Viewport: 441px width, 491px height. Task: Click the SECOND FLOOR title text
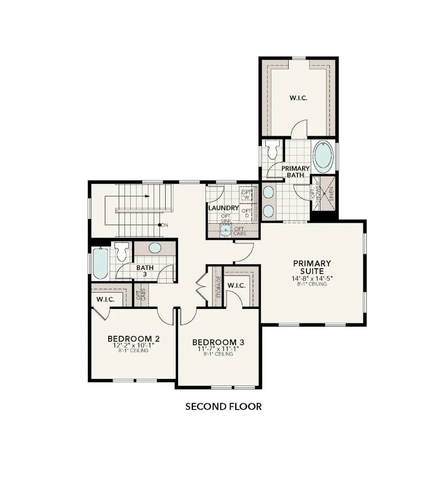click(x=223, y=407)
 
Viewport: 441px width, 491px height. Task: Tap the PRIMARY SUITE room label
click(x=312, y=267)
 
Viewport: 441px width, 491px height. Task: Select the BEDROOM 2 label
click(x=133, y=339)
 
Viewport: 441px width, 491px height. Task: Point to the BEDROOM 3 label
click(x=218, y=342)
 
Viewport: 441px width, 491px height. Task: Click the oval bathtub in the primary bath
click(x=323, y=157)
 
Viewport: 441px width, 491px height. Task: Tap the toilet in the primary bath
click(x=273, y=150)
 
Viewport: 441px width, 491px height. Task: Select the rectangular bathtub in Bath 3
click(x=101, y=263)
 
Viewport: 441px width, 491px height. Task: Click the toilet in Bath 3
click(x=122, y=250)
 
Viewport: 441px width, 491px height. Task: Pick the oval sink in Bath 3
click(x=155, y=248)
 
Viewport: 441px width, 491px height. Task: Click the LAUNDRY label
click(x=223, y=208)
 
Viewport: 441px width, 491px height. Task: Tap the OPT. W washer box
click(x=247, y=195)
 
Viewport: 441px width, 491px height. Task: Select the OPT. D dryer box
click(x=246, y=213)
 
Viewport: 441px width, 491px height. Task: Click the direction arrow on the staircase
click(x=147, y=196)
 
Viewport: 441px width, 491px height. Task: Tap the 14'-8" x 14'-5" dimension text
click(x=312, y=278)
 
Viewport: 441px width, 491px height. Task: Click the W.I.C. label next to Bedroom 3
click(x=237, y=286)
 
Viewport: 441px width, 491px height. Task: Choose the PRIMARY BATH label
click(x=295, y=172)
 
